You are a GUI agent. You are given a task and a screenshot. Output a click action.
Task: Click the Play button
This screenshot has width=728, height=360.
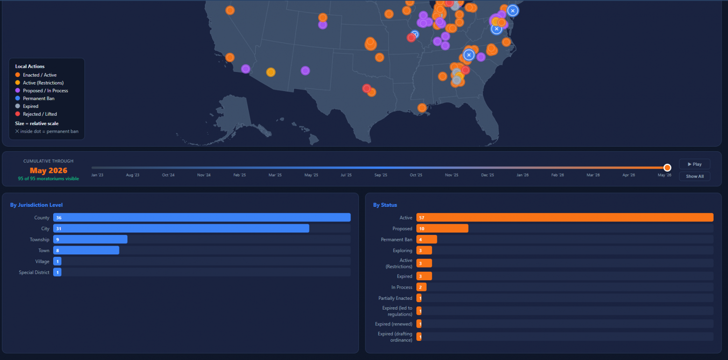pyautogui.click(x=694, y=164)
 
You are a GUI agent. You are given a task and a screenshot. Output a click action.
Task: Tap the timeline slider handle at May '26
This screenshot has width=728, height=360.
pyautogui.click(x=667, y=168)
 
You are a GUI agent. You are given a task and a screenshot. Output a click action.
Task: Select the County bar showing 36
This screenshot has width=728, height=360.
pyautogui.click(x=202, y=218)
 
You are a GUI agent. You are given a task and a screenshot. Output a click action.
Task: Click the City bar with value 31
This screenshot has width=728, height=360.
pyautogui.click(x=181, y=229)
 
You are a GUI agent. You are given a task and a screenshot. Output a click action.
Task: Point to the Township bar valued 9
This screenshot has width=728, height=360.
pyautogui.click(x=91, y=240)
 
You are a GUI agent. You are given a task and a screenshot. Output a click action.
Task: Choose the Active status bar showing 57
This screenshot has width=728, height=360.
pyautogui.click(x=565, y=218)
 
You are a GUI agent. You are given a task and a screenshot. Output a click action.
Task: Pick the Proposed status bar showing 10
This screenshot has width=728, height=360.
pyautogui.click(x=442, y=229)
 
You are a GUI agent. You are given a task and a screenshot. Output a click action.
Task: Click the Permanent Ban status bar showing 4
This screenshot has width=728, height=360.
pyautogui.click(x=427, y=240)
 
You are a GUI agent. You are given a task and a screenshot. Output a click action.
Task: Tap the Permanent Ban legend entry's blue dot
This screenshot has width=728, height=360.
pyautogui.click(x=18, y=98)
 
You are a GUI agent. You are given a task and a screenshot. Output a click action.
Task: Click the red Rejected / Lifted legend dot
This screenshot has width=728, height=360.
pyautogui.click(x=18, y=114)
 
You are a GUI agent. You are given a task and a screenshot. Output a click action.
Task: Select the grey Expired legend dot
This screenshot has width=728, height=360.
pyautogui.click(x=18, y=106)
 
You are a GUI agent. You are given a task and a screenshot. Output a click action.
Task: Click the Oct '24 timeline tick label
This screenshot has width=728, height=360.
pyautogui.click(x=168, y=175)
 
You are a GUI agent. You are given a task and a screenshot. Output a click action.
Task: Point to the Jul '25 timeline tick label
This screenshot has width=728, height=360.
pyautogui.click(x=346, y=175)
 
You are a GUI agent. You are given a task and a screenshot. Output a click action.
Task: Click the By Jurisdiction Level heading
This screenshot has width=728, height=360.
pyautogui.click(x=36, y=205)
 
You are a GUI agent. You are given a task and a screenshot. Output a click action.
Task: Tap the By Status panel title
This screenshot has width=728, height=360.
pyautogui.click(x=385, y=205)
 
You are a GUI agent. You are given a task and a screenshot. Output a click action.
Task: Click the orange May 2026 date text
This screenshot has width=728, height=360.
pyautogui.click(x=49, y=170)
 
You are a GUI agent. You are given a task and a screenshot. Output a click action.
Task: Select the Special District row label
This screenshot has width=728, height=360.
pyautogui.click(x=34, y=273)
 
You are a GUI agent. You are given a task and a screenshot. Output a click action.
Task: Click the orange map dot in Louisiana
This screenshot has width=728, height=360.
pyautogui.click(x=422, y=108)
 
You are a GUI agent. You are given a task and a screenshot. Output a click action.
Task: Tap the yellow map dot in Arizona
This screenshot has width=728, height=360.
pyautogui.click(x=271, y=72)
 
